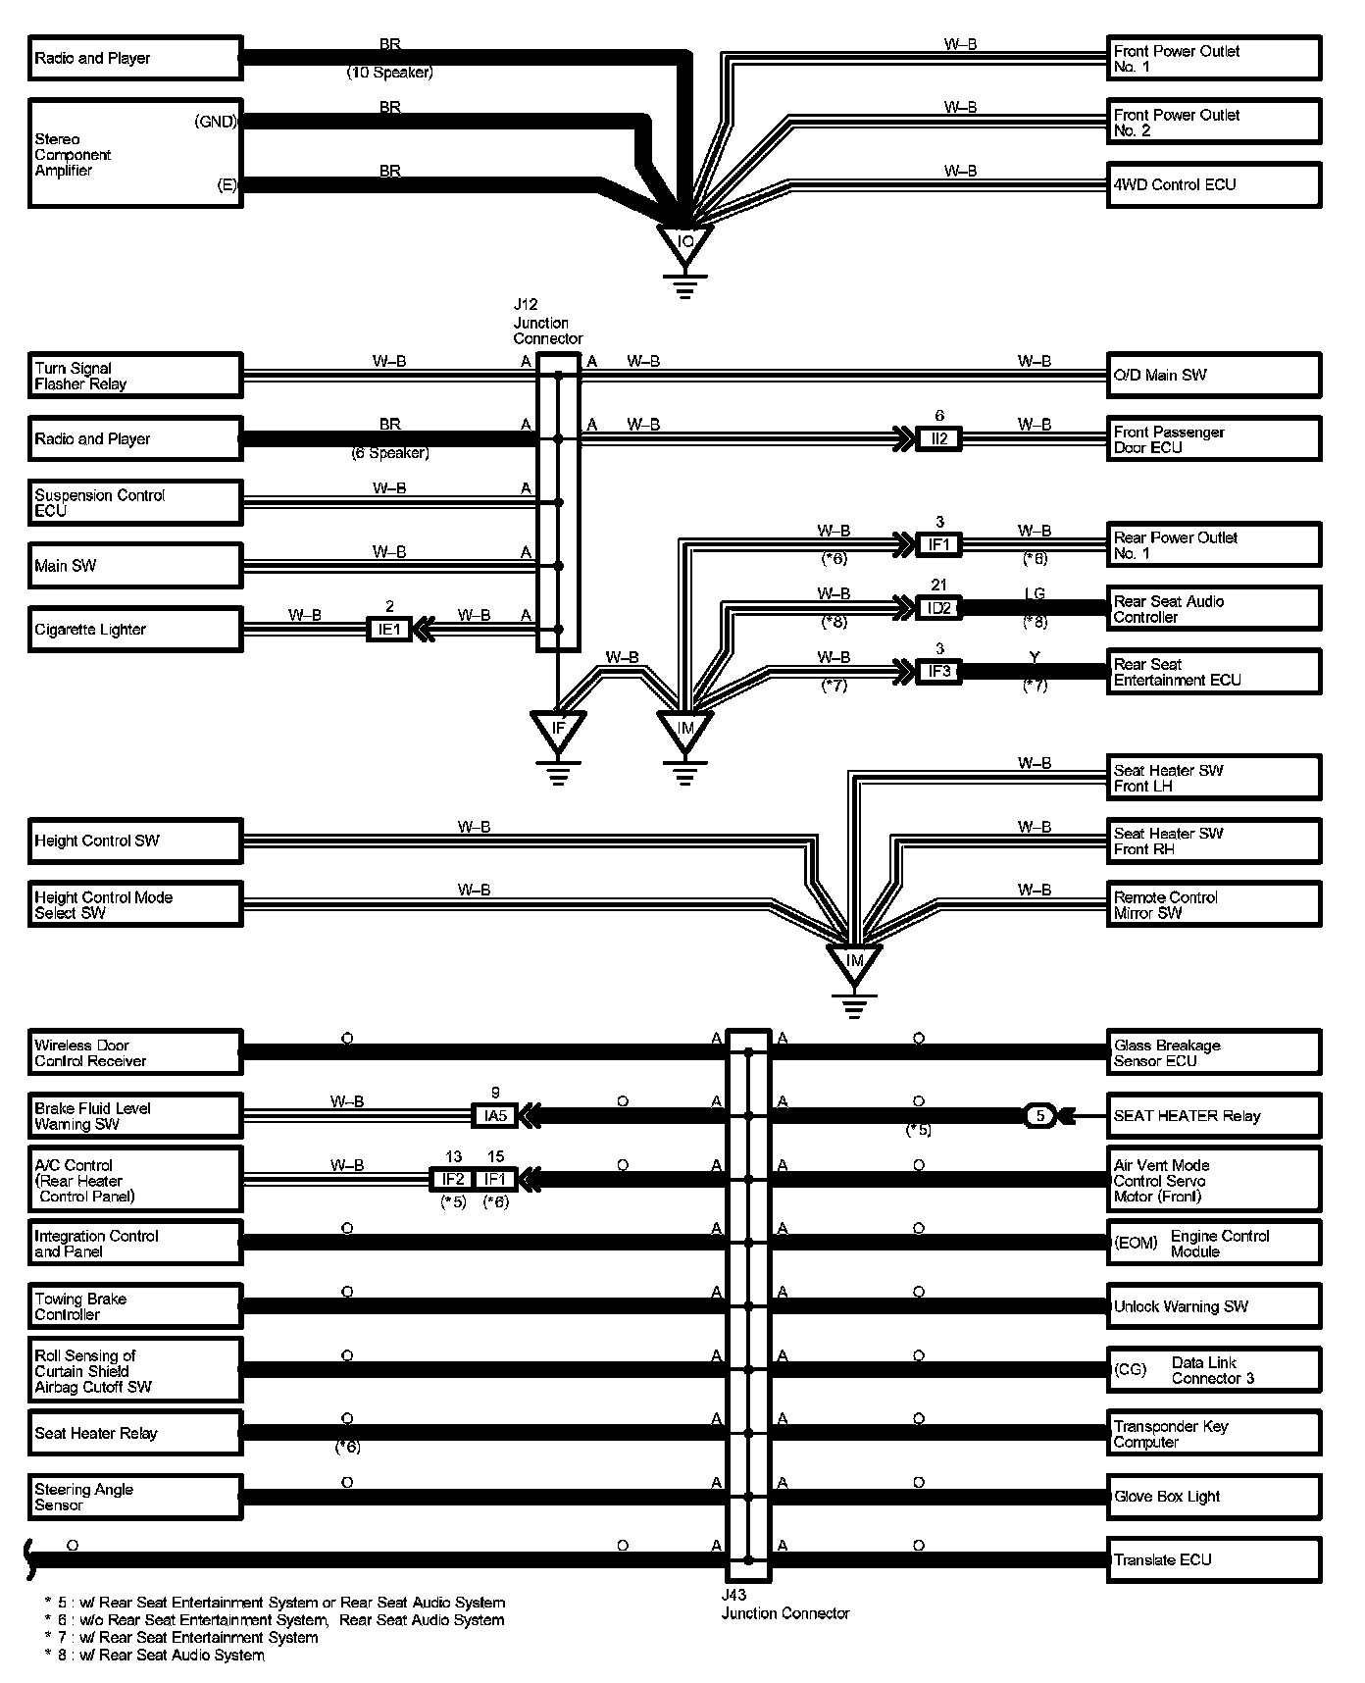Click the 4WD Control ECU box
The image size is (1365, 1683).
point(1214,185)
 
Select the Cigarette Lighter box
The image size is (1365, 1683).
point(134,630)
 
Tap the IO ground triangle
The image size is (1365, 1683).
point(685,241)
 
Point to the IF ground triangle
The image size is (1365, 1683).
point(558,728)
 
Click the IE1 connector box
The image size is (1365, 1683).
point(389,630)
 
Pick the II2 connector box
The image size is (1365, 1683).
point(938,438)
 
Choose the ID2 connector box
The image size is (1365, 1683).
point(938,608)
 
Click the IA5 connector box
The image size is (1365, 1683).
point(495,1115)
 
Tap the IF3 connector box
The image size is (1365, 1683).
point(938,672)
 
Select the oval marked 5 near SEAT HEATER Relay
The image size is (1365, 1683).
point(1040,1115)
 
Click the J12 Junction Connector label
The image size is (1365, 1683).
point(547,322)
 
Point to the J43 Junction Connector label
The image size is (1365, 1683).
point(784,1606)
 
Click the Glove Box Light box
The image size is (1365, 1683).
point(1214,1497)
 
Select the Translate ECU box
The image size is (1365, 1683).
point(1214,1559)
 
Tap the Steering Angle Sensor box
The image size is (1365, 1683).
point(134,1497)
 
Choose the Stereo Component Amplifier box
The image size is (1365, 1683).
point(134,153)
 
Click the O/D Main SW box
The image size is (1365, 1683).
point(1214,375)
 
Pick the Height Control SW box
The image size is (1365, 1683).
point(134,841)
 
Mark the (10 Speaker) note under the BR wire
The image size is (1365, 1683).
point(389,73)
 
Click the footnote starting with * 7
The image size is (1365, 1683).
point(181,1637)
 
